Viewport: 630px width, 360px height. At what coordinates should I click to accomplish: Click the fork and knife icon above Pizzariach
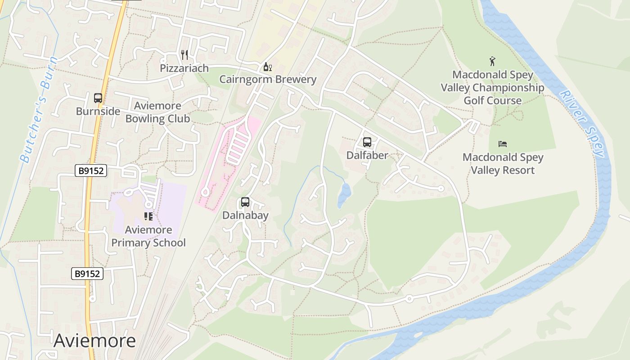184,55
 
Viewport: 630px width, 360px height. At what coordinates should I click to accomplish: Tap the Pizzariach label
184,68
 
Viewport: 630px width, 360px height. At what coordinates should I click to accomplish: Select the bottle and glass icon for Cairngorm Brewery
268,67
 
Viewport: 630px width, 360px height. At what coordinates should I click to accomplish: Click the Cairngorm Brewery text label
268,80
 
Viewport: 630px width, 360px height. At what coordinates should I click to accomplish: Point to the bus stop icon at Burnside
98,98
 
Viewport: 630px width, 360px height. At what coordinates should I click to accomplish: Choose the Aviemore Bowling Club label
157,112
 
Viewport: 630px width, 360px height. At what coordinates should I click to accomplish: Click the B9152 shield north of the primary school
90,171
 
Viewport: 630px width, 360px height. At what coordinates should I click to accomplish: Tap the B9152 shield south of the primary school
87,274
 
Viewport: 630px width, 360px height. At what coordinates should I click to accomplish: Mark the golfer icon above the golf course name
492,61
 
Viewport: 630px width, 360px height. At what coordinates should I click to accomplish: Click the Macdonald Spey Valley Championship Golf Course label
492,88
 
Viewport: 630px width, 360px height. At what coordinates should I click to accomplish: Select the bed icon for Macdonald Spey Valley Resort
503,144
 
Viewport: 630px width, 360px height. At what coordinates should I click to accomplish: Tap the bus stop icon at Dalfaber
367,142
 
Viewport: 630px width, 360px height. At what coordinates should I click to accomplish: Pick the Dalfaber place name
367,155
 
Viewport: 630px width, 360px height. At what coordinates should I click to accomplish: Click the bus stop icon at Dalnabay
245,202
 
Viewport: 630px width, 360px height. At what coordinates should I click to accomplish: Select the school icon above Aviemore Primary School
148,217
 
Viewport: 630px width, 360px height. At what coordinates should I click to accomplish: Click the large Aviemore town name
94,341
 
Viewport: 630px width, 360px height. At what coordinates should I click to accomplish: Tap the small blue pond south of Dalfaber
344,194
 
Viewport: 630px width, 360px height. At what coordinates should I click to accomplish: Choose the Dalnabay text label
245,215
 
